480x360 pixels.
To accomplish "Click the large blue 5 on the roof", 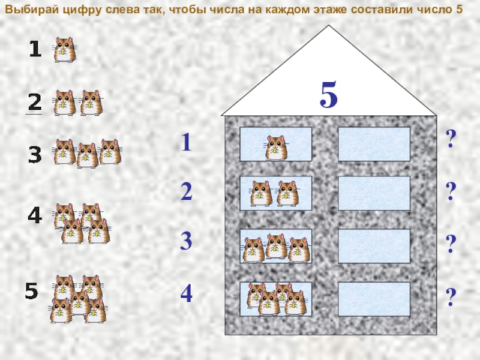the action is [329, 94].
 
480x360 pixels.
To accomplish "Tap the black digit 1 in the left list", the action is [35, 49].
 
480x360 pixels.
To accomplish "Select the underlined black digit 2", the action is [35, 102].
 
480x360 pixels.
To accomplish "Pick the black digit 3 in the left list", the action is [35, 155].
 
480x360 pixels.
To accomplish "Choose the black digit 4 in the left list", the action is [35, 215].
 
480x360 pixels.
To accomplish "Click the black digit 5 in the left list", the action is [32, 291].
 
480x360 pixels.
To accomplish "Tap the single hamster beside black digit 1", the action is [65, 50].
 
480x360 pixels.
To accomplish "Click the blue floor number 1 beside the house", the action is [187, 142].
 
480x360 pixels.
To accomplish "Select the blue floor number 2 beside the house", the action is [187, 191].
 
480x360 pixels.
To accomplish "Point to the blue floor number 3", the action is [186, 241].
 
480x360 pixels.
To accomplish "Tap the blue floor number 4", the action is [187, 293].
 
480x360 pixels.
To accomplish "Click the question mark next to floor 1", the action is [451, 139].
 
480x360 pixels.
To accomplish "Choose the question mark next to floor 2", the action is [451, 191].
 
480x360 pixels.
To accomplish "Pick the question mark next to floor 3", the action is [451, 244].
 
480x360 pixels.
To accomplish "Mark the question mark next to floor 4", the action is [451, 297].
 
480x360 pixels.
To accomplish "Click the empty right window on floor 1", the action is [374, 144].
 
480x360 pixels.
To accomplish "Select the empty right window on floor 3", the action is [374, 246].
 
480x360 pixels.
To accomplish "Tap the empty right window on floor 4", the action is [374, 299].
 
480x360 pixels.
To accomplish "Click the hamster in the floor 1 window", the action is [276, 148].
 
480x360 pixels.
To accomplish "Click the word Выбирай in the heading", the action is [32, 10].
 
